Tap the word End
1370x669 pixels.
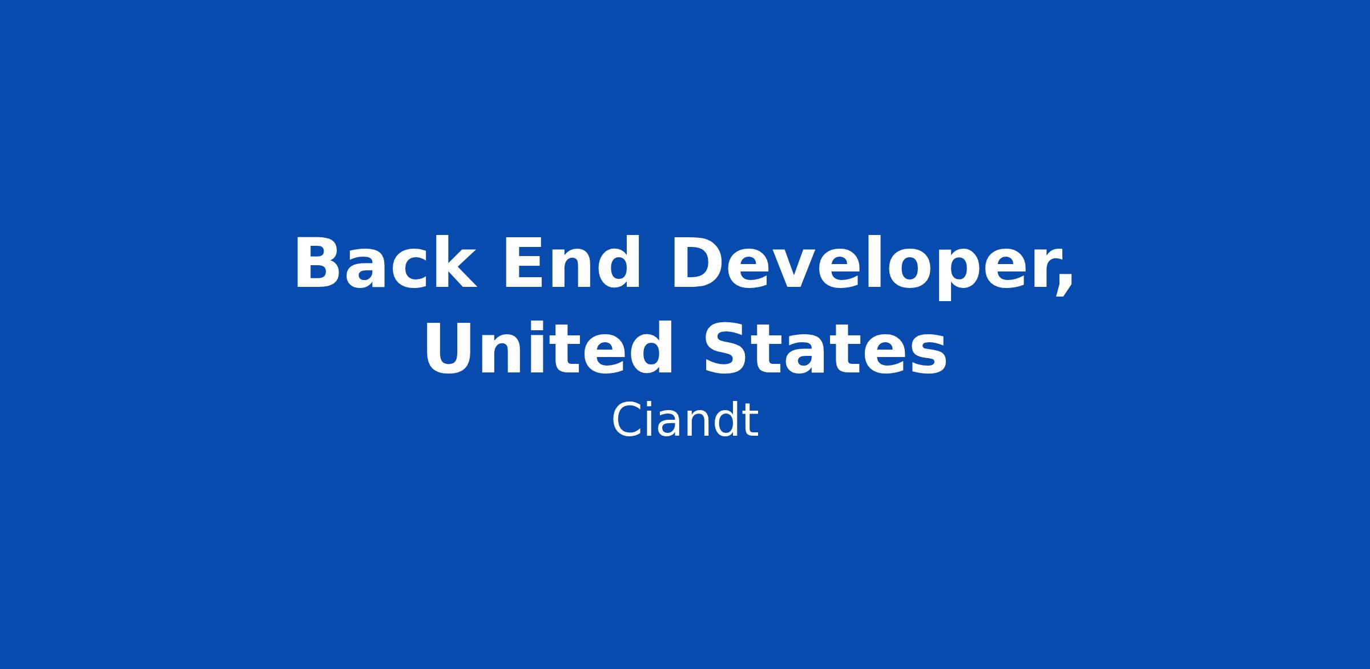[x=571, y=263]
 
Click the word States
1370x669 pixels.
[x=825, y=348]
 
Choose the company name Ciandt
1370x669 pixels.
[x=685, y=420]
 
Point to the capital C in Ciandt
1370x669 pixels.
[x=627, y=420]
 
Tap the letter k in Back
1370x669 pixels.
[x=455, y=263]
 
